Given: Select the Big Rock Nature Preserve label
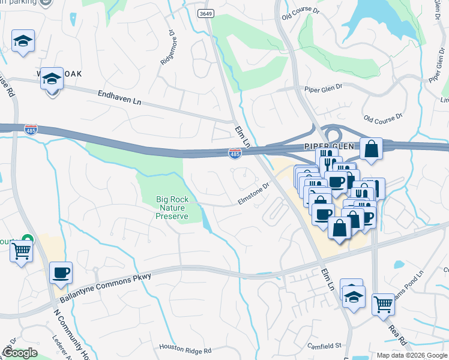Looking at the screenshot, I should click(172, 208).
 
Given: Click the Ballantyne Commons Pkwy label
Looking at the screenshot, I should click(106, 287).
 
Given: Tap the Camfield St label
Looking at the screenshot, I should click(325, 346).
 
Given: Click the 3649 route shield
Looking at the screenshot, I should click(206, 13).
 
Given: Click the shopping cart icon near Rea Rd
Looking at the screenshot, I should click(383, 304).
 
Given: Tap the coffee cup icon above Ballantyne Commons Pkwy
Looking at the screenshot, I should click(61, 272).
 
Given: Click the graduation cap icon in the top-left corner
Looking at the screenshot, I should click(23, 41).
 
